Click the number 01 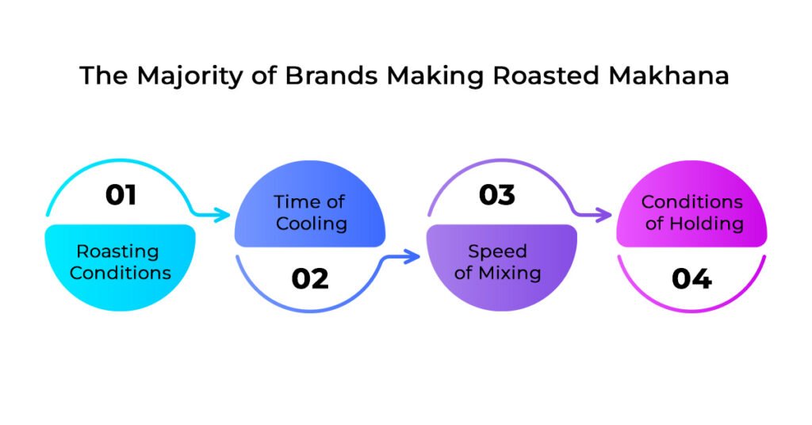tap(121, 194)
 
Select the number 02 tap(309, 278)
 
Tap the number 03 tap(497, 194)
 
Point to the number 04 tap(691, 278)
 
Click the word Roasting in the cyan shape tap(117, 252)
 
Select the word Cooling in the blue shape tap(311, 224)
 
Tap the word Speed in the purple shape tap(497, 251)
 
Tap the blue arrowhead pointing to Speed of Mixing tap(412, 255)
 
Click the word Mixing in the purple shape tap(513, 274)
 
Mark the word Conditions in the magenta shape tap(691, 201)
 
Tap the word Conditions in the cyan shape tap(121, 274)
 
